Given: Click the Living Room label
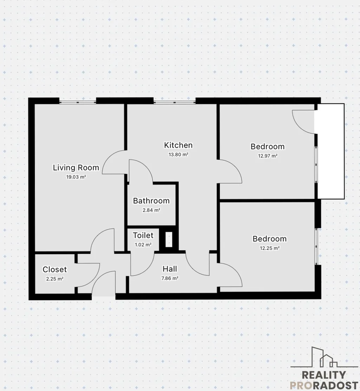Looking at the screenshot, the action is coord(76,168).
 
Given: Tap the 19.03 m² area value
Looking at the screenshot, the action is coord(76,177).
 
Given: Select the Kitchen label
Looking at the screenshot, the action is coord(178,145).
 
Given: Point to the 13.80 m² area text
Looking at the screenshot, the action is coord(179,155).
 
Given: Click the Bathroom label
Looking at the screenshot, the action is coord(151,201).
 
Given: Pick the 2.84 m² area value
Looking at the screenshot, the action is coord(151,210).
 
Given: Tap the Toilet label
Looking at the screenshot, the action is coord(143,235).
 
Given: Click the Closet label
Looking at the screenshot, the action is coord(54,269).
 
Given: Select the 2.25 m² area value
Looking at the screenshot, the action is coord(55,279).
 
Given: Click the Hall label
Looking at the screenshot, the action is coord(170,269).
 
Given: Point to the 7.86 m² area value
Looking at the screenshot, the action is coord(170,278).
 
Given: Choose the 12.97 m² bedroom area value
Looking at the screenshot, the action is coord(268,156).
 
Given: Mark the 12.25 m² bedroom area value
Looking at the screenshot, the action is coord(270,248).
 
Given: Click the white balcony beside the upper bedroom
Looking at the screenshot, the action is coord(331,151).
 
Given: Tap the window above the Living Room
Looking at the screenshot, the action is coord(78,102).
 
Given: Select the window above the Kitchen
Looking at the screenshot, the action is coord(174,102).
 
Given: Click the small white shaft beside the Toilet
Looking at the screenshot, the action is coord(169,239).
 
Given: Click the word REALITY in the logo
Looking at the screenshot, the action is coord(324,375).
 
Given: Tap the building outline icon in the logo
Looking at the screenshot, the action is coord(324,357).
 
